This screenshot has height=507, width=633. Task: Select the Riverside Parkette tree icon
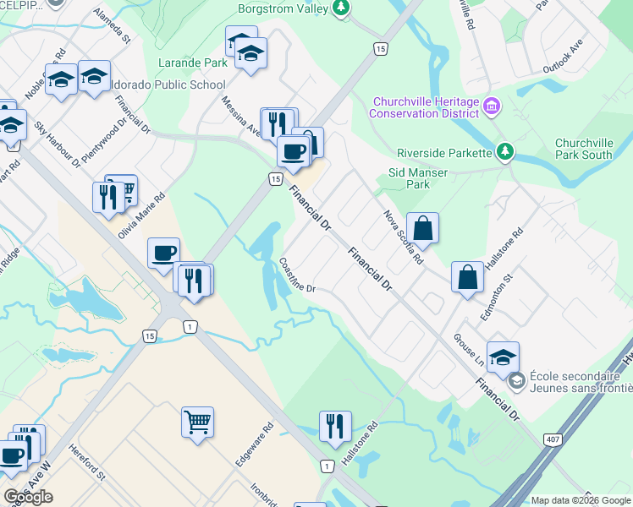tap(504, 152)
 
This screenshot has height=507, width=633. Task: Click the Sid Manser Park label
tap(417, 178)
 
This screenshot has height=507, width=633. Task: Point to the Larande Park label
tap(192, 63)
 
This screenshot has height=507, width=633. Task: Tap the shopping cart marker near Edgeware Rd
tap(197, 420)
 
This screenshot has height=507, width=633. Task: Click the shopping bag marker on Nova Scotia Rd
tap(422, 227)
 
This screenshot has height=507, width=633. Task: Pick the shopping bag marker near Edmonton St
tap(468, 276)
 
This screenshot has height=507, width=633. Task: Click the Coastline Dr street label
tap(297, 275)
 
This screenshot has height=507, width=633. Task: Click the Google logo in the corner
tap(29, 497)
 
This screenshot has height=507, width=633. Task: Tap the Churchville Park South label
tap(584, 150)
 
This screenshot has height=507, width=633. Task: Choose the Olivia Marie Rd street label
tap(141, 215)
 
